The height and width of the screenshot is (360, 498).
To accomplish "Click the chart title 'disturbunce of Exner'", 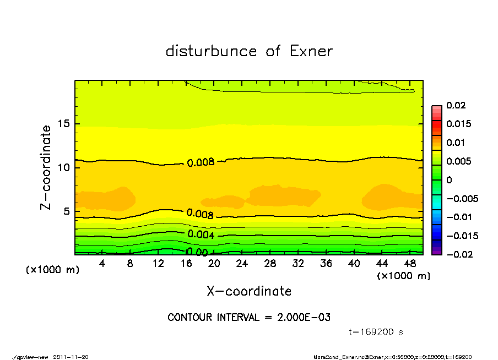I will (249, 51).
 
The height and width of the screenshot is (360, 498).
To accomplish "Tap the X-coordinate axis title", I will (249, 291).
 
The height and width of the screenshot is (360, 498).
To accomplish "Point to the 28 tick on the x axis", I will (270, 264).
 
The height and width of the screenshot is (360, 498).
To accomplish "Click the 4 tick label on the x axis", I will (102, 264).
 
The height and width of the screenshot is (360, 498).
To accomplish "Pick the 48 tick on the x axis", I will (410, 264).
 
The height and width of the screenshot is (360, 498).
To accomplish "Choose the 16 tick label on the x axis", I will (186, 264).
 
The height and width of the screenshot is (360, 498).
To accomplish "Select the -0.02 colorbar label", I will (458, 254).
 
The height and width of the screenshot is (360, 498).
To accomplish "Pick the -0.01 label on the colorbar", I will (458, 217).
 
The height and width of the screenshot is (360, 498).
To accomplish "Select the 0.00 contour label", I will (197, 253).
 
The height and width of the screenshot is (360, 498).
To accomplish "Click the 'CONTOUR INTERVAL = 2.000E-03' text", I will (249, 318).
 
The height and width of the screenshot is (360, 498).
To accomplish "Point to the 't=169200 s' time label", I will (376, 332).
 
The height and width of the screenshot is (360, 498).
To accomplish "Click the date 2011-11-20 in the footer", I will (71, 357).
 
